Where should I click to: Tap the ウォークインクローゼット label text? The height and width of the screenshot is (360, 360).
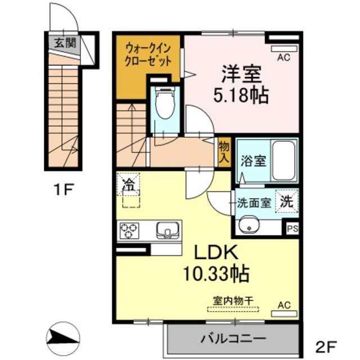148,55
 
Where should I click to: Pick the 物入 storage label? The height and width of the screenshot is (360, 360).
224,152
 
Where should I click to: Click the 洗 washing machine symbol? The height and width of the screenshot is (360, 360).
287,202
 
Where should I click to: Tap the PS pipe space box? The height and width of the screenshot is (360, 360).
292,229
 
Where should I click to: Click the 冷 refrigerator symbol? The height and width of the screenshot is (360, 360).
129,183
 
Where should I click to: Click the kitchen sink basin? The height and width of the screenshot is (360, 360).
166,230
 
